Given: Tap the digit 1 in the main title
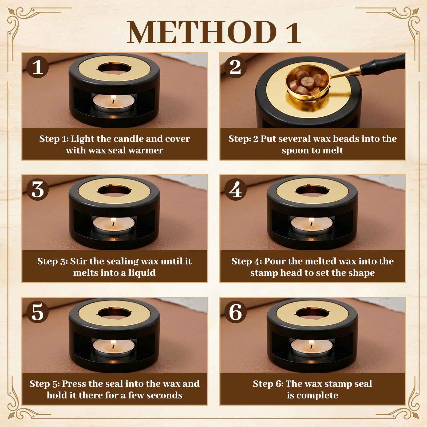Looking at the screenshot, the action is point(293,33).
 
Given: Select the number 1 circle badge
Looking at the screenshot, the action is point(38,67).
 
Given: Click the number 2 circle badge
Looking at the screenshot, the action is point(235,67).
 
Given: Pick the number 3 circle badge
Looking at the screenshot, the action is point(38,189).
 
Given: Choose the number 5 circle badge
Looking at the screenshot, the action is point(38,312).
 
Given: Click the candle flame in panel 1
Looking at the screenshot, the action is point(113,101).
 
